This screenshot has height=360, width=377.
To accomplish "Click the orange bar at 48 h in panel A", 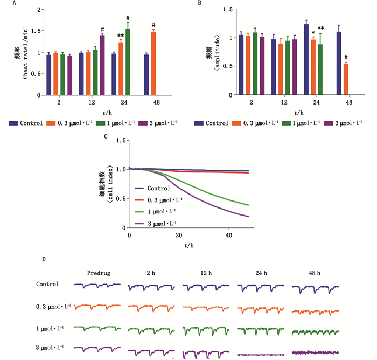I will pyautogui.click(x=153, y=63).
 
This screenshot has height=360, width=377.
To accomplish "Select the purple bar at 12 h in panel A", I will pyautogui.click(x=102, y=65).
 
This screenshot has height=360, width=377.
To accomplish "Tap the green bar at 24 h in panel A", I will pyautogui.click(x=128, y=61).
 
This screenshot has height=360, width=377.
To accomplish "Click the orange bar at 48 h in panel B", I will pyautogui.click(x=346, y=79).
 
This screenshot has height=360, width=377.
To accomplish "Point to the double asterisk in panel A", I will pyautogui.click(x=121, y=36).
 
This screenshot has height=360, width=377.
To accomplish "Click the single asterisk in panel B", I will pyautogui.click(x=313, y=33).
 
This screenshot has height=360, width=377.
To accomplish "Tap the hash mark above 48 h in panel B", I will pyautogui.click(x=346, y=57).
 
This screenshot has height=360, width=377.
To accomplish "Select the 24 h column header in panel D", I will pyautogui.click(x=260, y=273).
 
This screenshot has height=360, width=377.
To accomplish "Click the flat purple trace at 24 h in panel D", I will pyautogui.click(x=260, y=354).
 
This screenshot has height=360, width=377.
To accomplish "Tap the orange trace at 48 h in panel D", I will pyautogui.click(x=315, y=311).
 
